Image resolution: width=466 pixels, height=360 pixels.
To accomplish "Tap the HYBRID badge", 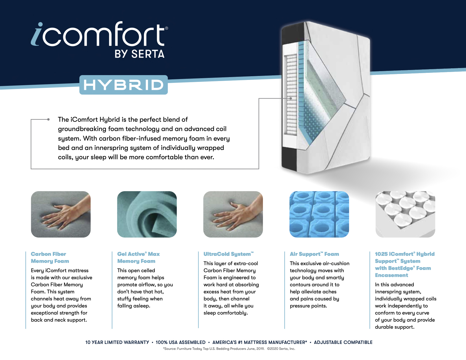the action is coord(123,85).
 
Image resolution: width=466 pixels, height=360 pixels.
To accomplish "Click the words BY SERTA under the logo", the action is coord(140,54).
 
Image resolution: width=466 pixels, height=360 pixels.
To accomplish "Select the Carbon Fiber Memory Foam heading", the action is coord(50,258).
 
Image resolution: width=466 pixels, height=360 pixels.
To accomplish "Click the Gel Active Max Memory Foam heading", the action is coord(138,258).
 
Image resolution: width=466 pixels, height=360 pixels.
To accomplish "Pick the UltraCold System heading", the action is coord(228,254).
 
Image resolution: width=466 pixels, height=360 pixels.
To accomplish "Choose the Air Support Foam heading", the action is coord(314,254).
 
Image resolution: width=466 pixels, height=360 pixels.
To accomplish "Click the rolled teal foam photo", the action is coord(147,214).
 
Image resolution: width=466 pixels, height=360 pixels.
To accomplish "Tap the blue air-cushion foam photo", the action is coord(319,214).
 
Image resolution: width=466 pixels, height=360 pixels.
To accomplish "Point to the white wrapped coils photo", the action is coord(405,214).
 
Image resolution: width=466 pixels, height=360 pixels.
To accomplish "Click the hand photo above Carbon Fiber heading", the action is coord(61,214).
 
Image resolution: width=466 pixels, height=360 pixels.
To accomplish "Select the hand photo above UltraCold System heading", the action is coord(233,214).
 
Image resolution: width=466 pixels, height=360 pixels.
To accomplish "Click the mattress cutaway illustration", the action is coord(326,98).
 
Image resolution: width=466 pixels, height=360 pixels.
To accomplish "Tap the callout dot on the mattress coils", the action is coord(291,99).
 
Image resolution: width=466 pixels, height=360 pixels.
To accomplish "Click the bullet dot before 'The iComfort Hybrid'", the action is coord(49,119).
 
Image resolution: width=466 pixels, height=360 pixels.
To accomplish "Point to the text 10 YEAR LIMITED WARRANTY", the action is coord(117,342).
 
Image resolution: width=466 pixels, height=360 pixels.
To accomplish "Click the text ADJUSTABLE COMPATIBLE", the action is coord(343,342).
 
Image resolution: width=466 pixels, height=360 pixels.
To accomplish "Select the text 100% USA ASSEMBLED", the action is coord(180,342).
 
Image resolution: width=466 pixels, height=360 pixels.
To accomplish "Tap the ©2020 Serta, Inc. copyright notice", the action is coord(281,349).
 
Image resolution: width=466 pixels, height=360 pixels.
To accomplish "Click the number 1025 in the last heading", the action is coord(381,254).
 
